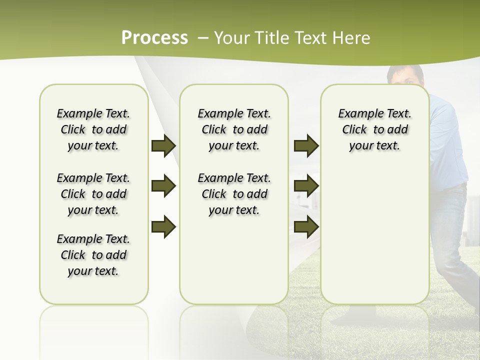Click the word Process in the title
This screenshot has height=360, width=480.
click(154, 38)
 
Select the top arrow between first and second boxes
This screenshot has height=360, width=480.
click(163, 145)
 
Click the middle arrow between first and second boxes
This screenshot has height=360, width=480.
click(163, 186)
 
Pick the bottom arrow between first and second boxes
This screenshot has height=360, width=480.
click(163, 226)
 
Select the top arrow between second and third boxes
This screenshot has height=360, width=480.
click(306, 145)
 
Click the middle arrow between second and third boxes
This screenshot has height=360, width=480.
click(306, 186)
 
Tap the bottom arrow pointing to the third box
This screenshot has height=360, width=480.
click(306, 226)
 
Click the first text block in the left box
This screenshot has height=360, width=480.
click(93, 129)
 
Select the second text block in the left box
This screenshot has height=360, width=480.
click(93, 194)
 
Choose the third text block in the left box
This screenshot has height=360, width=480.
click(93, 255)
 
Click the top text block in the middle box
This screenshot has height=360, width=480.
click(234, 129)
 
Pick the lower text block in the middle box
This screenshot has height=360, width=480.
click(234, 194)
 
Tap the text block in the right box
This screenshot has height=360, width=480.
click(374, 129)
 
